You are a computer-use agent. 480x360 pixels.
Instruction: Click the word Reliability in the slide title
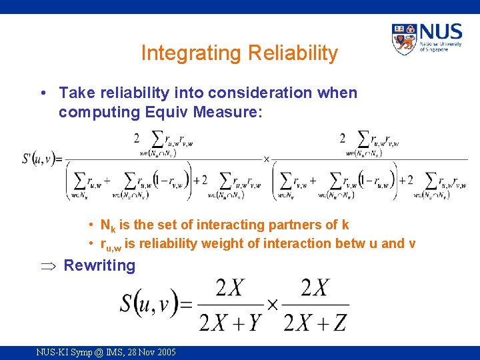(289, 53)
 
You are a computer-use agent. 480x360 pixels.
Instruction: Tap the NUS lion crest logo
(404, 39)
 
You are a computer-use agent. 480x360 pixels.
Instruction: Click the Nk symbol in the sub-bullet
(107, 225)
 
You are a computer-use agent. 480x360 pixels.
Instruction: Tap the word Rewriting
(99, 265)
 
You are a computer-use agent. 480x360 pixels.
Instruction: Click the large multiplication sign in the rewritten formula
(271, 305)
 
